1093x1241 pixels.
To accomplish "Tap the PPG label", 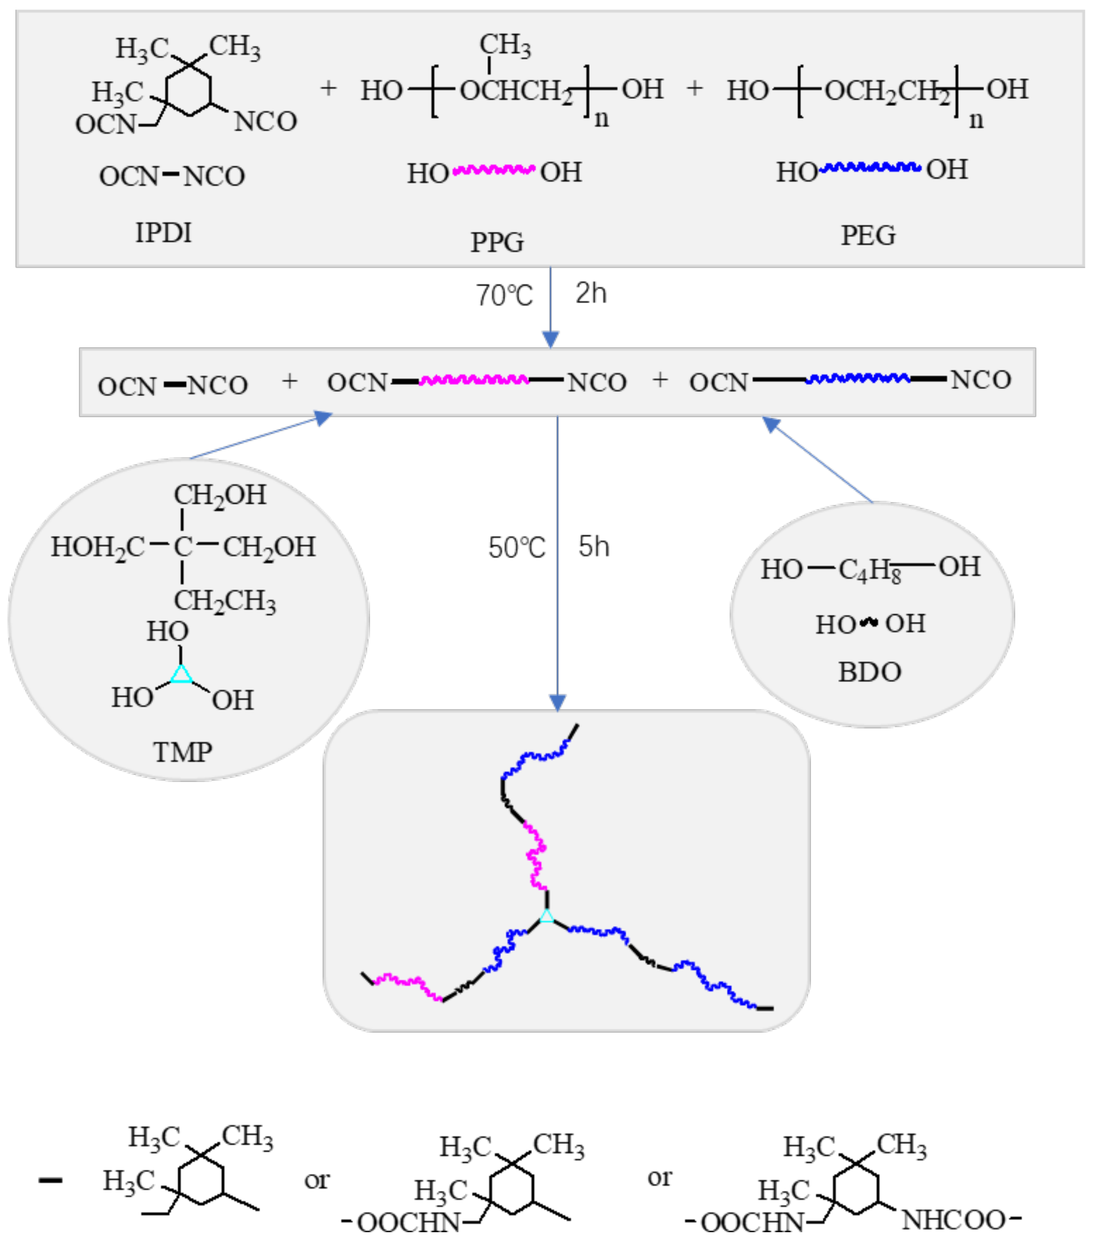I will pos(497,242).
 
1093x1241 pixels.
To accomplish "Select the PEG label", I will pos(868,235).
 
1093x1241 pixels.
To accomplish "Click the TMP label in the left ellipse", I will pos(182,752).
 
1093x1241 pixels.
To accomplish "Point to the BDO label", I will pos(869,672).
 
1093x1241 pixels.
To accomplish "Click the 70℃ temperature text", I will pos(504,295).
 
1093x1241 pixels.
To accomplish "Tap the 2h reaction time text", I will pos(591,293).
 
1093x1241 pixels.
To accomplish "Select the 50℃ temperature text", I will pos(517,548).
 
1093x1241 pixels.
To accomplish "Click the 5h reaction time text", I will pos(593,547).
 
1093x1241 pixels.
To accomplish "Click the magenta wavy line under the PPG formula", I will pos(494,169).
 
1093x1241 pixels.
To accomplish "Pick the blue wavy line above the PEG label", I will pos(869,167).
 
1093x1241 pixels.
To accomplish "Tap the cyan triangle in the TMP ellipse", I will pos(181,674).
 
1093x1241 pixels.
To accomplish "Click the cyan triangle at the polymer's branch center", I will pos(546,916).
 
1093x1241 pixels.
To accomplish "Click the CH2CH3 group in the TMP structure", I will pos(225,601).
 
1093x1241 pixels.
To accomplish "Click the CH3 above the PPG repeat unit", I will pos(504,44).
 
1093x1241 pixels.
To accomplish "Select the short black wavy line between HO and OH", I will pos(870,623).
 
